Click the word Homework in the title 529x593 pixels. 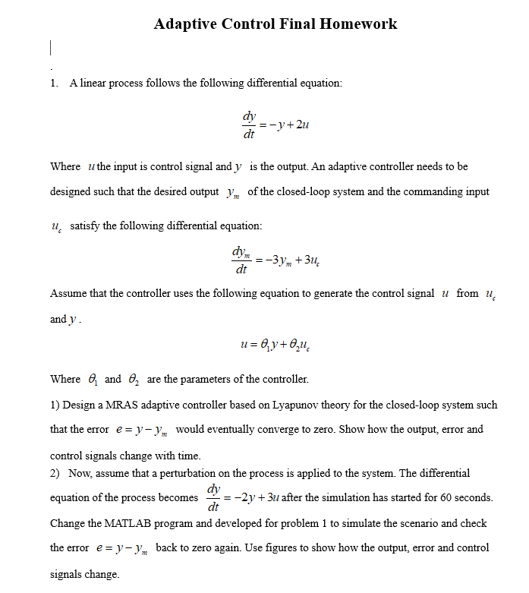(x=358, y=24)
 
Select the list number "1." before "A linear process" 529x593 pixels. (x=55, y=83)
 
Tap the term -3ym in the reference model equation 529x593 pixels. (x=279, y=260)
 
